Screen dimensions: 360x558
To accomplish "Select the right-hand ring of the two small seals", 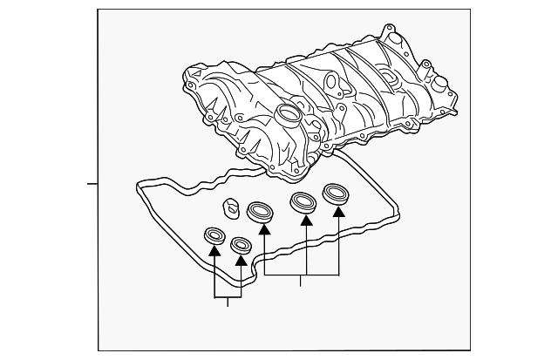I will click(x=241, y=243).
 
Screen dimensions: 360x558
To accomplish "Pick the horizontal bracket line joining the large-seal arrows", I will click(x=301, y=275).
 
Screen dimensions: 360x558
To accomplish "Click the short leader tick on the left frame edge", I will click(x=93, y=183).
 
